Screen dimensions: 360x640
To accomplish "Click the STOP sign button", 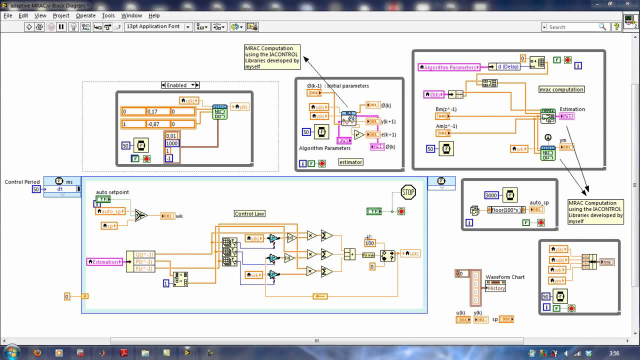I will (x=408, y=192).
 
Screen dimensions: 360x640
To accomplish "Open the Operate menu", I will (x=85, y=15).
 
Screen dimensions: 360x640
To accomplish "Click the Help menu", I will (x=154, y=15).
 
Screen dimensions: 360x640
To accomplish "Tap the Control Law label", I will (x=249, y=213).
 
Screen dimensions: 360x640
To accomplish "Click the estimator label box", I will (x=350, y=162).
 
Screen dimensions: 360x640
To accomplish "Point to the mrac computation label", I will (x=561, y=89).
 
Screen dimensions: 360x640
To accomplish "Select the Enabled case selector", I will (x=180, y=85).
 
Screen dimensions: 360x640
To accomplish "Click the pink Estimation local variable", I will (x=104, y=261).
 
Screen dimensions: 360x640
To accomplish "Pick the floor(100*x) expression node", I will (x=505, y=209).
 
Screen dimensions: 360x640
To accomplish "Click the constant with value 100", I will (x=369, y=243).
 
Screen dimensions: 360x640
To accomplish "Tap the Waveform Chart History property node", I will (x=495, y=288).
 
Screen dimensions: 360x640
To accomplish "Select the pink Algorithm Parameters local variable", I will (x=449, y=67).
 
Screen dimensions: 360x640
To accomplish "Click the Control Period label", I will (x=22, y=182).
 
